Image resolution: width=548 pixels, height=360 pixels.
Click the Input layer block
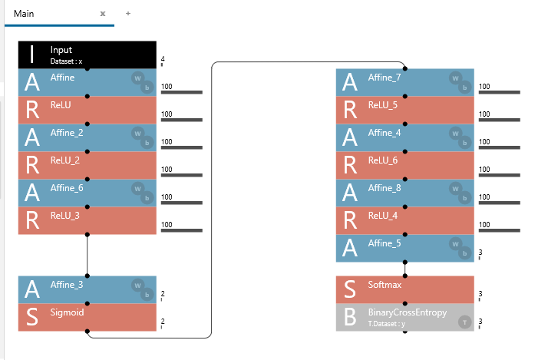(87, 54)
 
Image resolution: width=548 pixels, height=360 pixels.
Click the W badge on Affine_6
(137, 187)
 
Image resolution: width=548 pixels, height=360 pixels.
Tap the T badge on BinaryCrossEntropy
(464, 322)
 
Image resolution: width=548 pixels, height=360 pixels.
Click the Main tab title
(24, 14)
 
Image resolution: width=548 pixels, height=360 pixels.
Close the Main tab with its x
(103, 14)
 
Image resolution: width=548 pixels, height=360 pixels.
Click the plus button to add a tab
(127, 14)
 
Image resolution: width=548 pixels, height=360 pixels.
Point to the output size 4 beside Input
(163, 59)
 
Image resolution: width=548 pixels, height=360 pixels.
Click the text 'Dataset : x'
(66, 61)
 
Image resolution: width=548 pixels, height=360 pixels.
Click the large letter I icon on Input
(31, 54)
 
